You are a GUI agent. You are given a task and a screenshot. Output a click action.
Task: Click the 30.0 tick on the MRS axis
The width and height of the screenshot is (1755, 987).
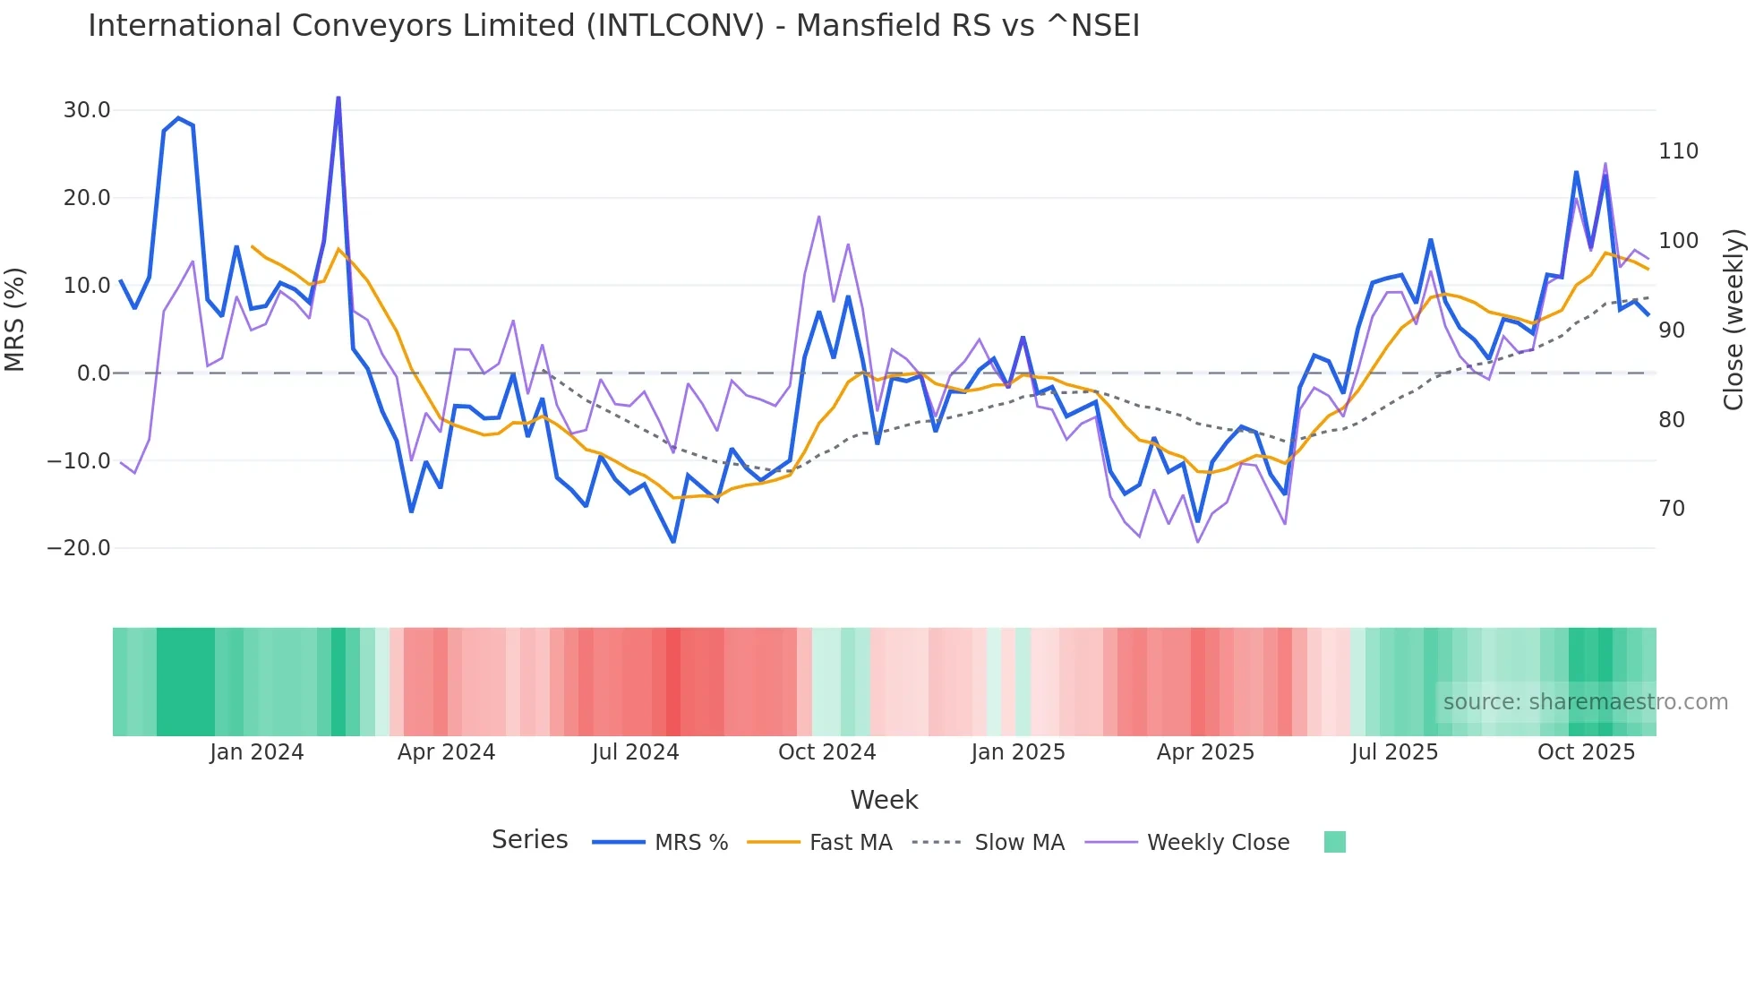click(x=86, y=110)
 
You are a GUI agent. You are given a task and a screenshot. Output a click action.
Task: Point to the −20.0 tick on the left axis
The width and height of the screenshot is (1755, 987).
click(x=79, y=548)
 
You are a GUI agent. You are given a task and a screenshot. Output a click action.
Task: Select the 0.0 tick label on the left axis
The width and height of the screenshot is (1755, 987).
click(x=93, y=373)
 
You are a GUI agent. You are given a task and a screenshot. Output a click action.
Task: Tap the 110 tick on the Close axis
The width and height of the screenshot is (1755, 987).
click(x=1678, y=151)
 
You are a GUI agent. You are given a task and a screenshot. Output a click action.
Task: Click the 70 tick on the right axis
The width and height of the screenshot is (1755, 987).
click(x=1672, y=509)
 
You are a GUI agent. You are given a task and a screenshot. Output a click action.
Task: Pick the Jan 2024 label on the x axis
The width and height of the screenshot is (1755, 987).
click(x=256, y=752)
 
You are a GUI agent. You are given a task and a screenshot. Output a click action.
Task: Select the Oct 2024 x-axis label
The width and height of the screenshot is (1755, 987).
click(x=826, y=752)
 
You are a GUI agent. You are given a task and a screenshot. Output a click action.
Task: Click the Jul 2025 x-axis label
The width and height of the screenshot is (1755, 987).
click(x=1394, y=752)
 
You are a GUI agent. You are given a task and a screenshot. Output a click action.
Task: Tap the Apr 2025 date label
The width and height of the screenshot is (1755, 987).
click(x=1205, y=752)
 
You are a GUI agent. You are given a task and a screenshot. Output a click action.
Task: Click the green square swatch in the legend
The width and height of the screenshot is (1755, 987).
click(x=1334, y=842)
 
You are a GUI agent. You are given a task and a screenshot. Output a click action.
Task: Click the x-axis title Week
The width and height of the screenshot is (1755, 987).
click(x=884, y=800)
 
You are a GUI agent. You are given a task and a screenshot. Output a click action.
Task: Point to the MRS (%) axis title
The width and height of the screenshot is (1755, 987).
click(x=15, y=320)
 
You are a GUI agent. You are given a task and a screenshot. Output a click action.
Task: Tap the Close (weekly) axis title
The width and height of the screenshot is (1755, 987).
click(x=1734, y=320)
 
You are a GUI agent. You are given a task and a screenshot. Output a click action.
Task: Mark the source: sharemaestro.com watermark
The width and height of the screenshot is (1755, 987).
click(x=1585, y=702)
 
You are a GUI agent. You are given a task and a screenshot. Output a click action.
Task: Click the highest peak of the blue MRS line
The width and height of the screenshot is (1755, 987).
click(x=338, y=98)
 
